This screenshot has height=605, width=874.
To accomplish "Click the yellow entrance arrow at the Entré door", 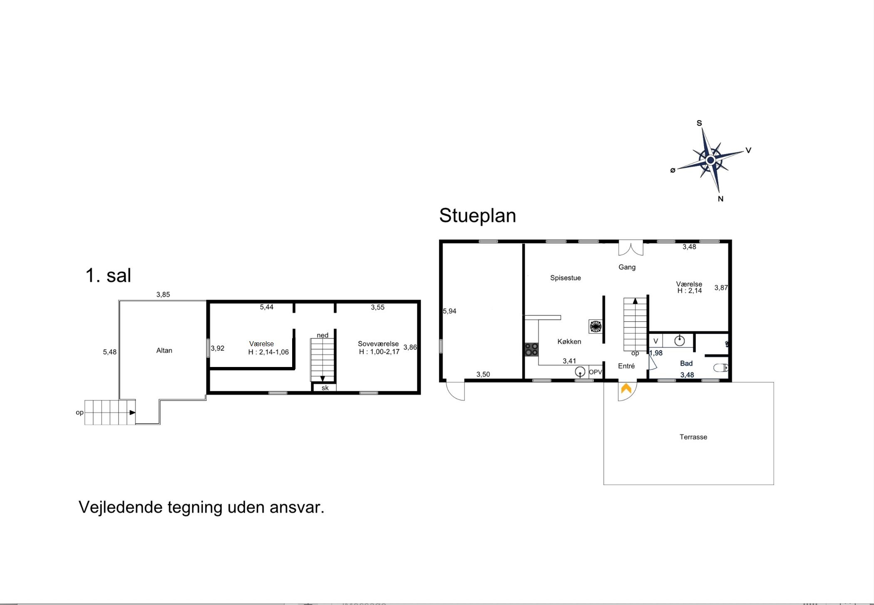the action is (x=626, y=389).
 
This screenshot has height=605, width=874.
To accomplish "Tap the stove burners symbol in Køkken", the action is (x=531, y=350).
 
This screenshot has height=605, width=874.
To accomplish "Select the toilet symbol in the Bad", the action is (x=721, y=368).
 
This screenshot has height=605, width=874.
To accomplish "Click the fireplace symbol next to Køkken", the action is (x=596, y=326).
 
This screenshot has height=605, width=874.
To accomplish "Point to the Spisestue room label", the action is (x=565, y=278).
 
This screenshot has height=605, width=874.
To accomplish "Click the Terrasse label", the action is (x=693, y=437).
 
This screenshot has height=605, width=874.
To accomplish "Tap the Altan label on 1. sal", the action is (x=164, y=350).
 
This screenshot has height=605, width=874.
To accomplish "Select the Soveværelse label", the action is (x=378, y=344).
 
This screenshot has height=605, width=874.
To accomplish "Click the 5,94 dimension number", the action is (x=449, y=311).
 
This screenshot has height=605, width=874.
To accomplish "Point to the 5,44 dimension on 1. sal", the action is (x=267, y=307).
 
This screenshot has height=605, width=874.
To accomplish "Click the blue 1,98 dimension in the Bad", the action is (x=656, y=353).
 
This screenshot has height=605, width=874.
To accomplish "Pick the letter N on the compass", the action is (x=721, y=199).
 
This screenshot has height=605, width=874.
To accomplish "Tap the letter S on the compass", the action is (x=699, y=123).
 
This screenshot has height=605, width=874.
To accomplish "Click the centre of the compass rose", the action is (x=710, y=160).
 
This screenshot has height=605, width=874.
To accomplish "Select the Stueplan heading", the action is (x=477, y=216).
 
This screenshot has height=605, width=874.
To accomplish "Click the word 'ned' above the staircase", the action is (x=323, y=335).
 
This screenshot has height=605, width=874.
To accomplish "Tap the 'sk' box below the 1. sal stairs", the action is (x=325, y=388).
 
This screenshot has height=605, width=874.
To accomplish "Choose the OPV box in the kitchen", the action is (x=596, y=372).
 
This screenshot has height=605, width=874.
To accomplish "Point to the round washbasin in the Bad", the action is (x=679, y=341).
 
